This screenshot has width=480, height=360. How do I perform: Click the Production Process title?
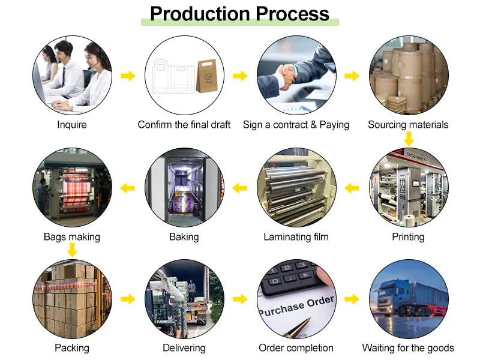pos(239,14)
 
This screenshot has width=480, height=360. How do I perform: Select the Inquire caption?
pos(72,125)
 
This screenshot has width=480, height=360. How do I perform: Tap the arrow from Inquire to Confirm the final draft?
pos(128,76)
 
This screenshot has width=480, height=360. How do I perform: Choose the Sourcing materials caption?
pos(408,125)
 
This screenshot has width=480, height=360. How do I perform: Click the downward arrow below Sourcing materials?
pos(409,139)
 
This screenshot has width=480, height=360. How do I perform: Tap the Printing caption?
pos(408,237)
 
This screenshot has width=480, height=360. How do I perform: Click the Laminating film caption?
pos(296,237)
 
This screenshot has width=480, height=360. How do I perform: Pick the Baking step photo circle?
pos(184,188)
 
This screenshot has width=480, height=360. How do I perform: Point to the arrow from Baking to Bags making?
pos(128,188)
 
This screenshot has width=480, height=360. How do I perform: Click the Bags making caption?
pos(72,237)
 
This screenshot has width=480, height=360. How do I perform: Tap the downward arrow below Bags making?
pos(72,250)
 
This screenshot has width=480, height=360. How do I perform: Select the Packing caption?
pos(72,348)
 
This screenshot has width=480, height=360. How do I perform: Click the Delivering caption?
pos(184,348)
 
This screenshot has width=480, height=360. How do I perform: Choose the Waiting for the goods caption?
pos(408,348)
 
